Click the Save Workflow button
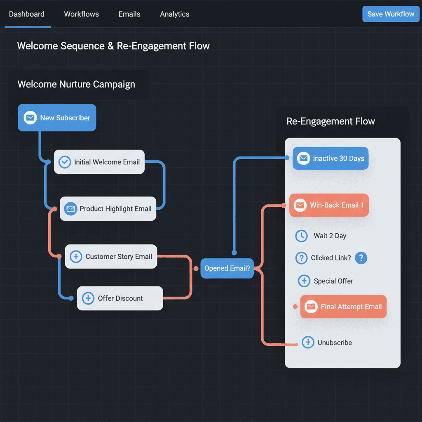click(x=391, y=14)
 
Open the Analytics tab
click(x=175, y=14)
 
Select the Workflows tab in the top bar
click(x=81, y=14)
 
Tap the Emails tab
click(x=129, y=14)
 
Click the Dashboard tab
click(x=27, y=14)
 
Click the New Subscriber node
click(x=57, y=118)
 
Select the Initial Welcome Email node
click(x=99, y=162)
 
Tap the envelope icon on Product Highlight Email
click(x=70, y=209)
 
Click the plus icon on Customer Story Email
click(x=76, y=257)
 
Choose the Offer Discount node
click(x=120, y=298)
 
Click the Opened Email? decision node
click(x=227, y=268)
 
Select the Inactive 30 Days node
click(x=331, y=159)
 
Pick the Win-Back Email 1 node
click(x=329, y=205)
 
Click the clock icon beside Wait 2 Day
click(x=302, y=236)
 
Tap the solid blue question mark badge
click(x=361, y=258)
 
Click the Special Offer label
click(x=333, y=281)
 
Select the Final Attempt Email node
click(x=343, y=307)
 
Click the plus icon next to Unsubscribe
click(x=308, y=342)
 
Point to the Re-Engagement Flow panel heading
click(x=331, y=122)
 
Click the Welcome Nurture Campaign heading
click(x=76, y=85)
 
